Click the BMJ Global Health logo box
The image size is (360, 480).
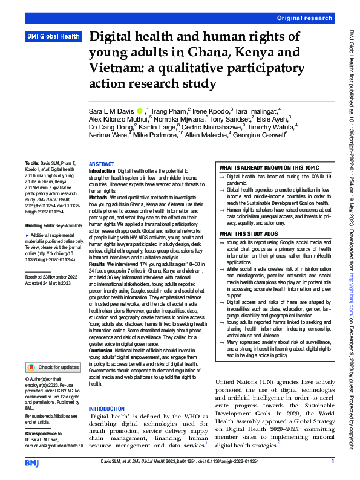pos(54,37)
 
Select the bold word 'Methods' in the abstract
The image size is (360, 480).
pos(99,198)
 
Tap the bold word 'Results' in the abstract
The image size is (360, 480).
pos(97,264)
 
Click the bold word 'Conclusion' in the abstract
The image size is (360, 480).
pos(101,351)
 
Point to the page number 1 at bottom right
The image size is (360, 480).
pos(333,462)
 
